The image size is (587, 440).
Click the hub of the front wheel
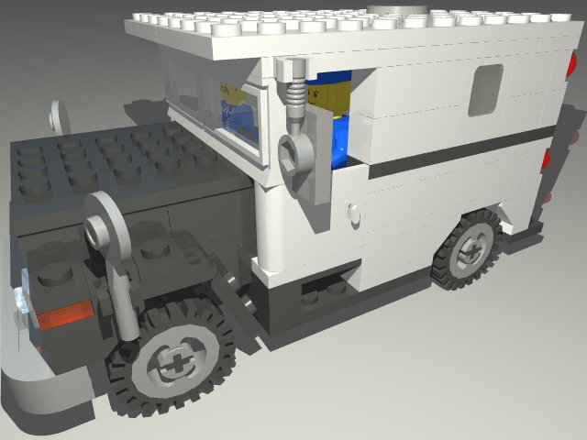[x=172, y=362]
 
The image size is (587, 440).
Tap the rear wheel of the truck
[x=470, y=248]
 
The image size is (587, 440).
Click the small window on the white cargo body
[x=485, y=90]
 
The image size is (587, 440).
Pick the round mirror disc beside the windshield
[x=61, y=115]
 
